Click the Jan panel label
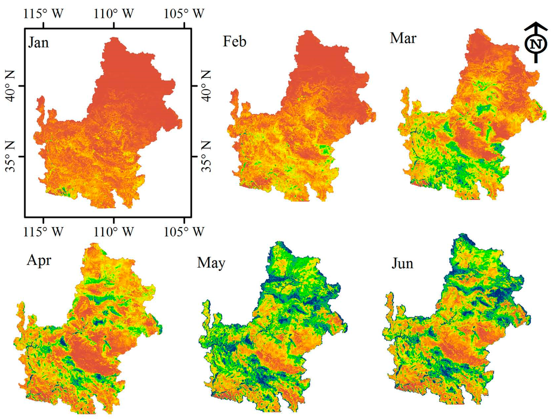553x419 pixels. [x=38, y=43]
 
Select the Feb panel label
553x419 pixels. [x=234, y=42]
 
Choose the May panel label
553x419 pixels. [x=211, y=263]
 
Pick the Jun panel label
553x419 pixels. [x=403, y=263]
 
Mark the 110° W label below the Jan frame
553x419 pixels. [x=113, y=231]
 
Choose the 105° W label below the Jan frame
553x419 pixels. [x=184, y=231]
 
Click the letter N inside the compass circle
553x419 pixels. [x=535, y=44]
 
